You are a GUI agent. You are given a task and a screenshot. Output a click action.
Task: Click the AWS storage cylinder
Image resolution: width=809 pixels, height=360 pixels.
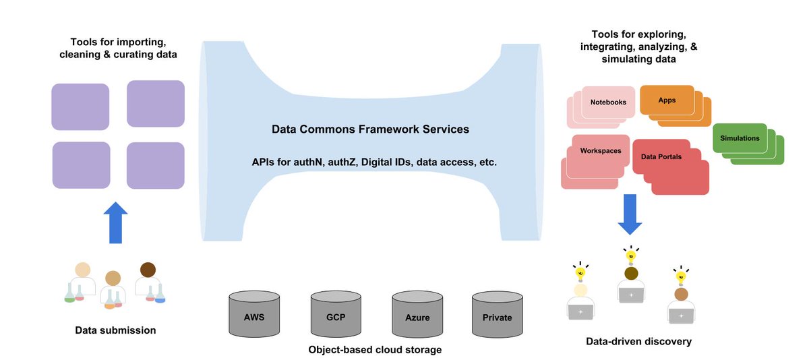pyautogui.click(x=254, y=313)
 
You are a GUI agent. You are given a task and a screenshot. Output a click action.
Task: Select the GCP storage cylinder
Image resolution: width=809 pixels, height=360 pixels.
pyautogui.click(x=336, y=313)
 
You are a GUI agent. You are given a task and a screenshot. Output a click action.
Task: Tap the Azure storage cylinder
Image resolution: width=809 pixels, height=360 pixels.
pyautogui.click(x=417, y=314)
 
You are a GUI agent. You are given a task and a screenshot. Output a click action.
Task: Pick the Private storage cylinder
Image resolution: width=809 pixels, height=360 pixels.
pyautogui.click(x=498, y=314)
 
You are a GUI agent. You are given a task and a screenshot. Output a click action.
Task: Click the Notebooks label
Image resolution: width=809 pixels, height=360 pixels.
pyautogui.click(x=608, y=102)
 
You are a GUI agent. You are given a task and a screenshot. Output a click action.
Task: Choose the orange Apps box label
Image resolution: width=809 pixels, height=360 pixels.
pyautogui.click(x=667, y=100)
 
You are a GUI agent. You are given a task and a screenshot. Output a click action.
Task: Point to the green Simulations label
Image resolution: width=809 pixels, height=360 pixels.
pyautogui.click(x=740, y=138)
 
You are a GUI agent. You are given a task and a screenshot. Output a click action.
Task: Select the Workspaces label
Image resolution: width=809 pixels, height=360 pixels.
pyautogui.click(x=601, y=151)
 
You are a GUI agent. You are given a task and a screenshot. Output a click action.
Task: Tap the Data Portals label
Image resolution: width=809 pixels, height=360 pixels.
pyautogui.click(x=661, y=156)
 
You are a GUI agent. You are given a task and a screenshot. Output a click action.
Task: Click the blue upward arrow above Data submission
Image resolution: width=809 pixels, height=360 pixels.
pyautogui.click(x=115, y=222)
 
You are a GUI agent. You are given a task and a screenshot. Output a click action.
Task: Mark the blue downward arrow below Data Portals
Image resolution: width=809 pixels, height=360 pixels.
pyautogui.click(x=630, y=214)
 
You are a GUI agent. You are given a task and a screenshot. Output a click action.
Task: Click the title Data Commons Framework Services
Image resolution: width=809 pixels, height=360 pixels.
pyautogui.click(x=370, y=129)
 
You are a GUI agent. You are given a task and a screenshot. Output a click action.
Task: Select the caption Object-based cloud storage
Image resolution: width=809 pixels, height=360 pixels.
pyautogui.click(x=375, y=349)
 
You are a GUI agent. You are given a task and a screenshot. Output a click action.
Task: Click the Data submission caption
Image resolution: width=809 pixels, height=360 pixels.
pyautogui.click(x=115, y=330)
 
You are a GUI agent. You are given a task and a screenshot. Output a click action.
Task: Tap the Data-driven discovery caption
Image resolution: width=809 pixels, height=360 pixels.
pyautogui.click(x=638, y=341)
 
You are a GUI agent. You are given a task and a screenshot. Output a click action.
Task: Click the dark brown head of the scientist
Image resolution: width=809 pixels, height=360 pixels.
pyautogui.click(x=148, y=270)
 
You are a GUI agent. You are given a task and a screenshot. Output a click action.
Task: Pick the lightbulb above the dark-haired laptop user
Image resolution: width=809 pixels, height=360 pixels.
pyautogui.click(x=631, y=256)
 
